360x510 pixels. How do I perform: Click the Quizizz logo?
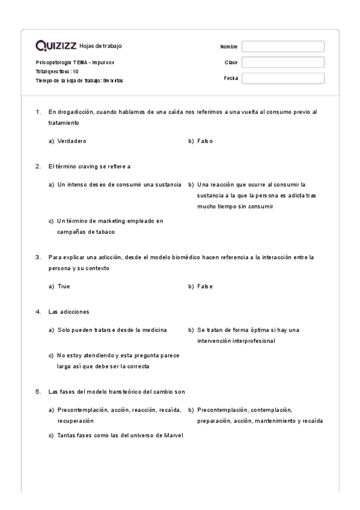pyautogui.click(x=56, y=46)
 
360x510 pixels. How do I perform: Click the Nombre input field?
pyautogui.click(x=282, y=46)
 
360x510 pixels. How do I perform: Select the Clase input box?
pyautogui.click(x=282, y=62)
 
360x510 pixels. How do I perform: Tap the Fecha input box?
pyautogui.click(x=282, y=78)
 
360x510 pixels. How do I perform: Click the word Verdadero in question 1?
pyautogui.click(x=72, y=141)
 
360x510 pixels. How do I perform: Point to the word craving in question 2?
pyautogui.click(x=90, y=166)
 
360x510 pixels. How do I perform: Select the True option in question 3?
pyautogui.click(x=64, y=286)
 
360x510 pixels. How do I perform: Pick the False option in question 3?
pyautogui.click(x=205, y=286)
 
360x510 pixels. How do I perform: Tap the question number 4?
pyautogui.click(x=38, y=312)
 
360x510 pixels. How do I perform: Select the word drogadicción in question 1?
pyautogui.click(x=76, y=111)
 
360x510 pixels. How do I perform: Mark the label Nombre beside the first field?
pyautogui.click(x=229, y=46)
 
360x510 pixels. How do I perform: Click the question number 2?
pyautogui.click(x=38, y=166)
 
